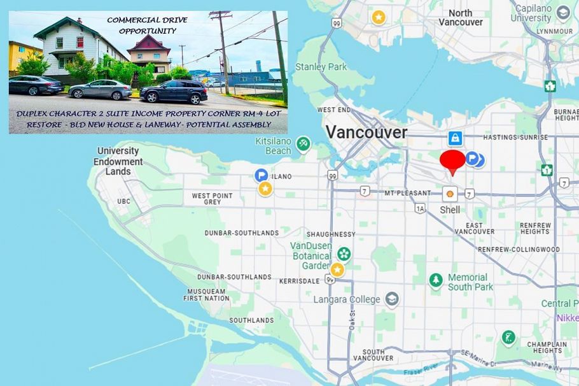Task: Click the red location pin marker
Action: (x=453, y=161)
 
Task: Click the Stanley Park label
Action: (x=320, y=67)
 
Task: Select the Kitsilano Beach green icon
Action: (x=303, y=144)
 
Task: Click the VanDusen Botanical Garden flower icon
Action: (x=344, y=254)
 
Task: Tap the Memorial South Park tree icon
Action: (x=436, y=280)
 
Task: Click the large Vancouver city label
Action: (x=366, y=132)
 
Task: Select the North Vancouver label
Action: (x=460, y=17)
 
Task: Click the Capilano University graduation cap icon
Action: (x=562, y=13)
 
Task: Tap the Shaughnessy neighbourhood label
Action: (x=331, y=234)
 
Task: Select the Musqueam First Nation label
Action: (x=206, y=294)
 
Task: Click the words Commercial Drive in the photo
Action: (x=147, y=20)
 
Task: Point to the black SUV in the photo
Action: (x=174, y=92)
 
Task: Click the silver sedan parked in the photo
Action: (x=100, y=89)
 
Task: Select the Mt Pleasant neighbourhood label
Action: (x=407, y=192)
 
